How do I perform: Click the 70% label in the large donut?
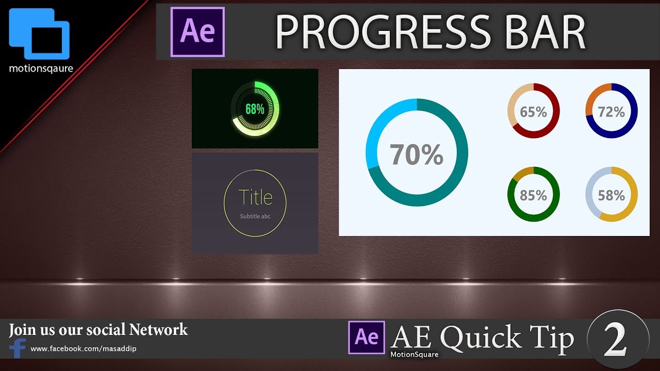coord(416,154)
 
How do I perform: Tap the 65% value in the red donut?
coord(533,111)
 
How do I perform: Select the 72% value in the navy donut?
coord(611,111)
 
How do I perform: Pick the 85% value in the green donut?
coord(533,195)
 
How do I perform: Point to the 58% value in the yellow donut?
coord(611,195)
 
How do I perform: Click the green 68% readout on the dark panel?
coord(255,109)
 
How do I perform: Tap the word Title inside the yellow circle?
coord(255,197)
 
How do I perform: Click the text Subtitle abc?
coord(255,216)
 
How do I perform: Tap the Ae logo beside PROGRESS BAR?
coord(197,31)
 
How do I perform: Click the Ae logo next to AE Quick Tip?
coord(367,338)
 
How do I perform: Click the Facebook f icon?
coord(18,348)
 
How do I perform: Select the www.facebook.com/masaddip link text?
coord(84,349)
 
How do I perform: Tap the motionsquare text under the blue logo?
coord(41,68)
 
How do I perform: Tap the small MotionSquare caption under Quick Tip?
coord(414,354)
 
